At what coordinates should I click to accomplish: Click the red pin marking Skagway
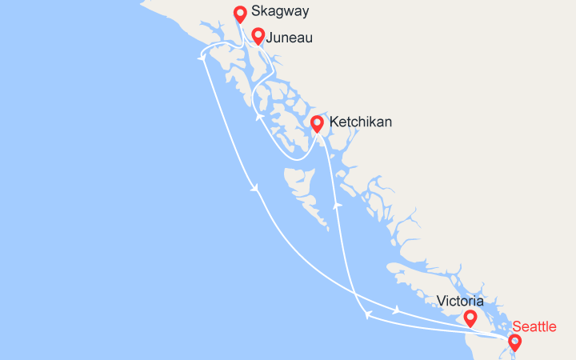pyautogui.click(x=239, y=14)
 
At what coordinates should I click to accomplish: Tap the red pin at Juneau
pyautogui.click(x=258, y=35)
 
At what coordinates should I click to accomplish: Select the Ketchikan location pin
pyautogui.click(x=317, y=123)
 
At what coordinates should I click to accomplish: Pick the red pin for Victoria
pyautogui.click(x=470, y=318)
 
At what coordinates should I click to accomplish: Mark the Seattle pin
pyautogui.click(x=514, y=342)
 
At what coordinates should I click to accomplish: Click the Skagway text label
pyautogui.click(x=280, y=12)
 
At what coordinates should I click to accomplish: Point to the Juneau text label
pyautogui.click(x=289, y=38)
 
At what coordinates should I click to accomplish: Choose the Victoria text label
pyautogui.click(x=460, y=302)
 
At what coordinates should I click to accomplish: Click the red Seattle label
pyautogui.click(x=534, y=326)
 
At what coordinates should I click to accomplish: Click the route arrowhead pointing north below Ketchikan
pyautogui.click(x=338, y=205)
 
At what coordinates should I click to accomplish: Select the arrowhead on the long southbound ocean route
pyautogui.click(x=254, y=189)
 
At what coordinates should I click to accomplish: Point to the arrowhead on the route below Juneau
pyautogui.click(x=259, y=117)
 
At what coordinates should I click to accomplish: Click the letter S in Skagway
pyautogui.click(x=255, y=12)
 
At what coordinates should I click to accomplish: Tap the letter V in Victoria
pyautogui.click(x=442, y=302)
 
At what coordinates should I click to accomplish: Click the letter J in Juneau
pyautogui.click(x=270, y=38)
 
